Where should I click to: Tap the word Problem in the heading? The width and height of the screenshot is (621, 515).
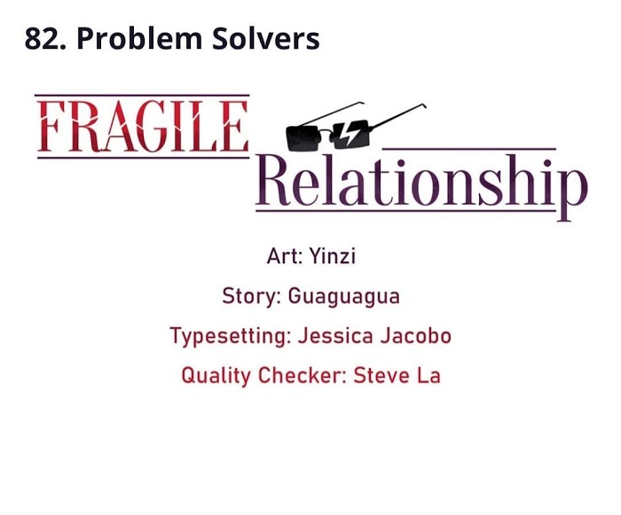pos(139,39)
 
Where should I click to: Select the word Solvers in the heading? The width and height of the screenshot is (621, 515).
pos(266,39)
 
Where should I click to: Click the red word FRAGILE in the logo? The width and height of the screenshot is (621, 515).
pos(143,126)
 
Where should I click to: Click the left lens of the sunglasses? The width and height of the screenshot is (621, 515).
pos(303,138)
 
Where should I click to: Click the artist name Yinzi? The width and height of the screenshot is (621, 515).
pos(333,256)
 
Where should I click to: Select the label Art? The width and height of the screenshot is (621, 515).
pos(285,255)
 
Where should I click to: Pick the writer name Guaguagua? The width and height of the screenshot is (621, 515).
pos(344,297)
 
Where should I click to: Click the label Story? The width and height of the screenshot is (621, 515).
pos(251,296)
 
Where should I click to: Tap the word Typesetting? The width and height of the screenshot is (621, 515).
pos(231,336)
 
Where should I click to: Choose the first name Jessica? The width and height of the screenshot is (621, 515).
pos(335,336)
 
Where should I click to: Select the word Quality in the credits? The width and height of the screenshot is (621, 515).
pos(216,376)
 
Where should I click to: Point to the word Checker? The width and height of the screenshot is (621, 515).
pos(303,375)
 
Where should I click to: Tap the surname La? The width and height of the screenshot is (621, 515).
pos(428,375)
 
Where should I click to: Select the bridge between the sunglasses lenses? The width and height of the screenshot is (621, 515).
pos(327,133)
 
